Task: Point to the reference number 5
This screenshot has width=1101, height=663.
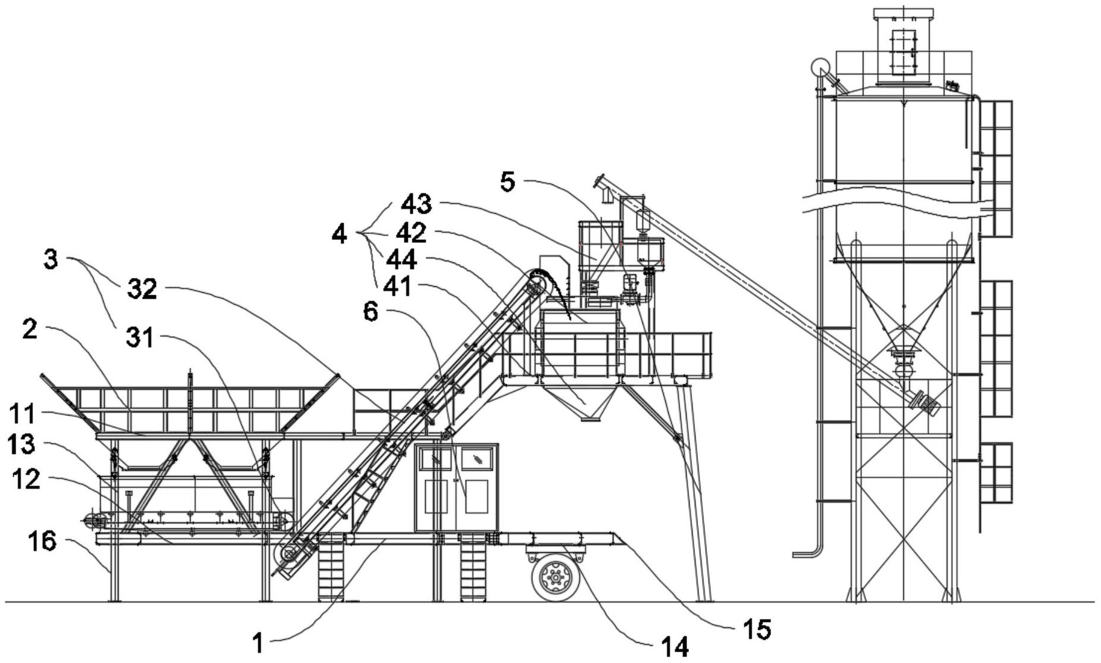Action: [507, 182]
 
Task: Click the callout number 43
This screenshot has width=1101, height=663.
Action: [416, 205]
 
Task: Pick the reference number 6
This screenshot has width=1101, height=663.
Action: [370, 312]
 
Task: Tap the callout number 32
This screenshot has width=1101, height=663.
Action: [142, 289]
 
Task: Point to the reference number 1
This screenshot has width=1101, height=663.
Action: [258, 643]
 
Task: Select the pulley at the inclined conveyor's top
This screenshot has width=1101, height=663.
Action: [536, 282]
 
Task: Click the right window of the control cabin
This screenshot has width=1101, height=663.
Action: [477, 458]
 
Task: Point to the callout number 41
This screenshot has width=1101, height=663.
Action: [397, 287]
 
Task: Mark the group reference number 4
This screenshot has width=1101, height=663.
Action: [339, 234]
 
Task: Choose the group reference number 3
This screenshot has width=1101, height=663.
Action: [51, 259]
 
